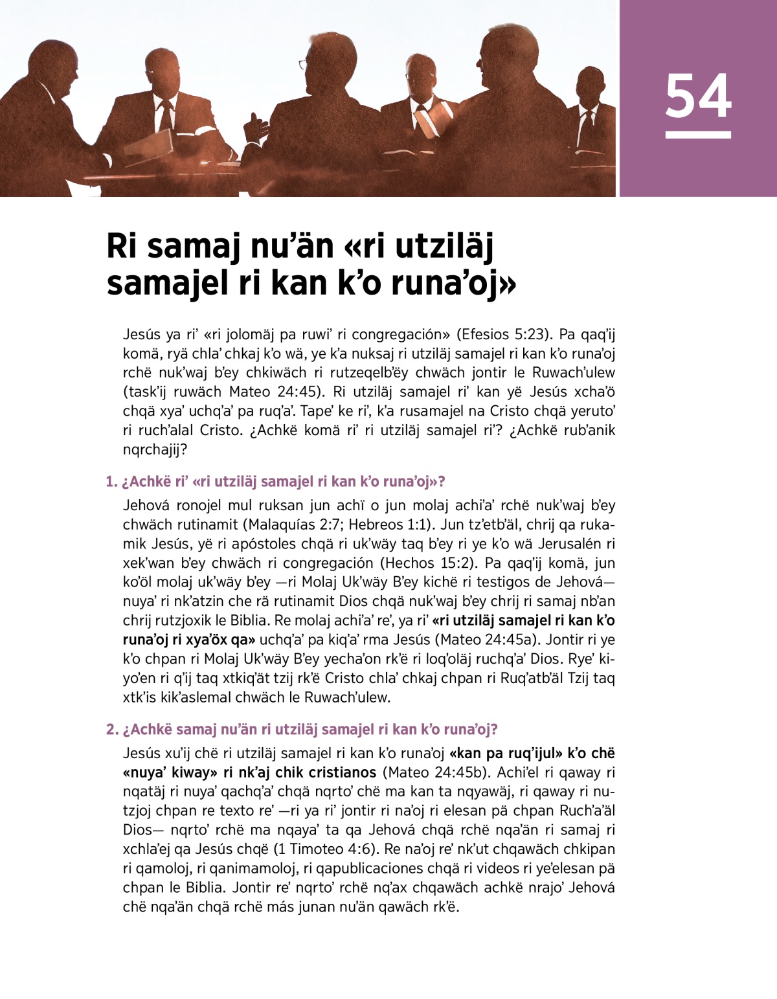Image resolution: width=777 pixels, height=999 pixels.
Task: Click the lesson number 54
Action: pyautogui.click(x=698, y=96)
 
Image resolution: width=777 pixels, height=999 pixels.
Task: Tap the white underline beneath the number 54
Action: pyautogui.click(x=698, y=135)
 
